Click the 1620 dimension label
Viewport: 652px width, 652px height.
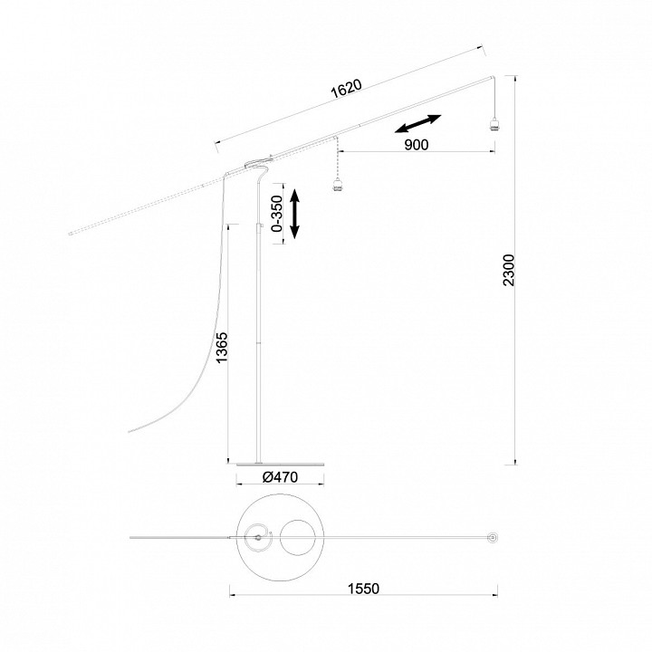(x=346, y=89)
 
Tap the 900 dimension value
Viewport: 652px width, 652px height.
(x=417, y=145)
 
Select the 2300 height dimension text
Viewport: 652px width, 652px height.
(x=509, y=270)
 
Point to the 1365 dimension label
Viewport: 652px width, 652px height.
(x=222, y=347)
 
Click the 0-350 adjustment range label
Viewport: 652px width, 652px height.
(x=276, y=214)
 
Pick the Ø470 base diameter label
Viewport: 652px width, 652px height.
(x=280, y=477)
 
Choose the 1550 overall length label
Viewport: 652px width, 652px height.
(x=363, y=589)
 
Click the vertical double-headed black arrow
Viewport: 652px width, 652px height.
(x=294, y=214)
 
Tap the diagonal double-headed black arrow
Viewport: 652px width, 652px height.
(x=417, y=124)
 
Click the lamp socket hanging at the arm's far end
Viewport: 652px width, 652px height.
(x=494, y=124)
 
